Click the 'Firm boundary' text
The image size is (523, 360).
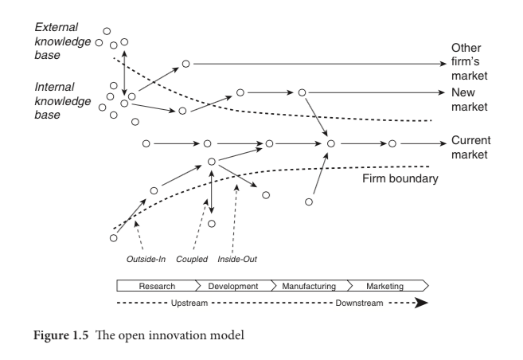tap(400, 179)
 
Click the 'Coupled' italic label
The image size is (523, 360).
tap(192, 259)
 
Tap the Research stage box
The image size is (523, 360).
tap(157, 285)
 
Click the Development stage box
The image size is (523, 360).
tap(233, 285)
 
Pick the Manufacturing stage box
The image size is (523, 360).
tap(310, 285)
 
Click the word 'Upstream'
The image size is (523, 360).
tap(190, 303)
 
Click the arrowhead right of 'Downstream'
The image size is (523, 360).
tap(422, 303)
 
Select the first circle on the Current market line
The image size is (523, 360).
tap(146, 144)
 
